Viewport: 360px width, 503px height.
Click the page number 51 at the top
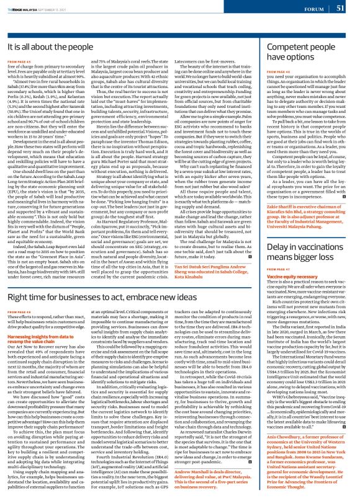[349, 8]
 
